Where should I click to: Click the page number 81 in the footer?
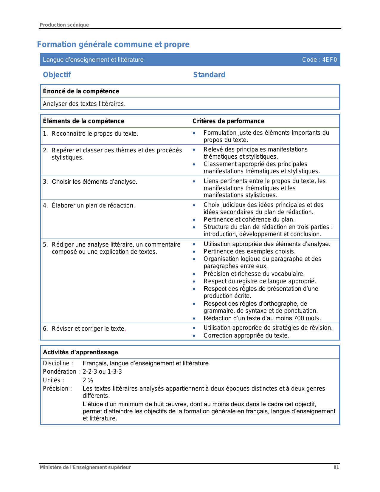coord(336,468)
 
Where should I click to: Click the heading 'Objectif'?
coord(57,75)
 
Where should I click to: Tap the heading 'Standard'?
coord(209,75)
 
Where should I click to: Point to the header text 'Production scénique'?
coord(64,25)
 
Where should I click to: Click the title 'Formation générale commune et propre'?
coord(113,44)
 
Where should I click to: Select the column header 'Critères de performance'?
coord(228,121)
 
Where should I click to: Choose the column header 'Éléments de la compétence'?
coord(83,121)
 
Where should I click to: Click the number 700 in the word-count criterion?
coord(299,318)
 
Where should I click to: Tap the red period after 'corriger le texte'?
coord(125,329)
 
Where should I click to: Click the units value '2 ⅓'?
coord(88,380)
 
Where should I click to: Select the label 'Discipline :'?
coord(58,363)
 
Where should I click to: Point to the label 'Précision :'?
coord(58,389)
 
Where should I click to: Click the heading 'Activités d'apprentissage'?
coord(80,352)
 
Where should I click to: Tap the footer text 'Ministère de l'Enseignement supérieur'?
coord(85,468)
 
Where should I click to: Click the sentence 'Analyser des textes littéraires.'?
coord(84,104)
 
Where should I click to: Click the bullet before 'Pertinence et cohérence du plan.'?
coord(194,220)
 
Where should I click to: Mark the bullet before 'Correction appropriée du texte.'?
coord(194,336)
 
